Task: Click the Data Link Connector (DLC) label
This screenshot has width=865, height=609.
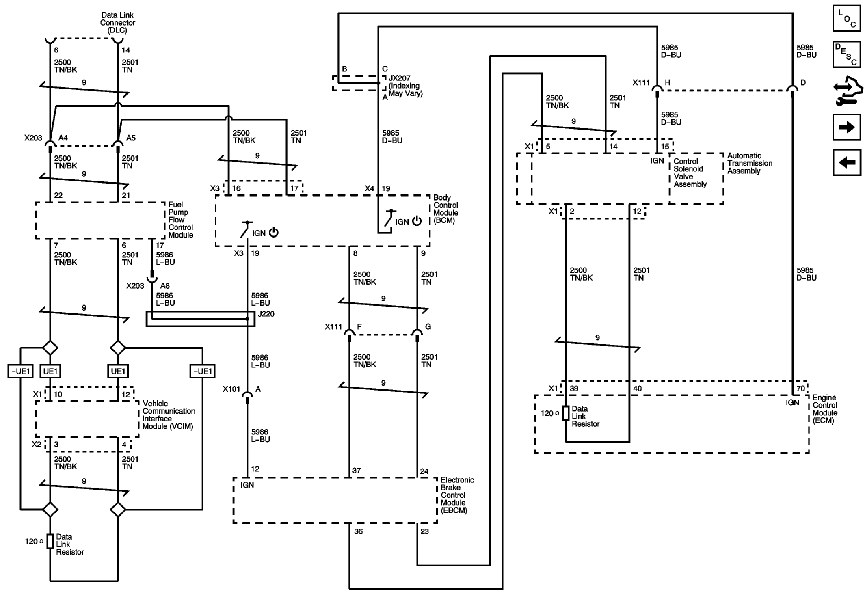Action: click(117, 23)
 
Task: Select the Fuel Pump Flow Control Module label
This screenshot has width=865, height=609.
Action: click(180, 220)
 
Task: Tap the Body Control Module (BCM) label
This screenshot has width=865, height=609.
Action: click(445, 209)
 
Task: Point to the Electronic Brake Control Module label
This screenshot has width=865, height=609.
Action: click(457, 495)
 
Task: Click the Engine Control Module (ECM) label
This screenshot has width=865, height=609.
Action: click(824, 409)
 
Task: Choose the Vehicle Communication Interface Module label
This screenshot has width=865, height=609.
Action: click(168, 415)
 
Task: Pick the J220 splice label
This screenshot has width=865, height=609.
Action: click(266, 314)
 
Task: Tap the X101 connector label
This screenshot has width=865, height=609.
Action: click(231, 389)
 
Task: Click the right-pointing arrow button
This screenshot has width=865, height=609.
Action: click(846, 127)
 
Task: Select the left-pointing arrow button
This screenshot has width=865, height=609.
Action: click(846, 163)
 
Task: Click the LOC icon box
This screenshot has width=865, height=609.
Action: click(846, 19)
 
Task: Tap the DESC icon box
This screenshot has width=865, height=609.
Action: click(846, 54)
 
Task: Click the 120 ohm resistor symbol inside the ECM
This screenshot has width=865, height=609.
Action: click(565, 413)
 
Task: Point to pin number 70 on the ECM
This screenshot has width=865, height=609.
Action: click(800, 388)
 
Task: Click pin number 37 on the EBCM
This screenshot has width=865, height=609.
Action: click(357, 471)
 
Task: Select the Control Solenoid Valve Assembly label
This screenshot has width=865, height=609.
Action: click(690, 173)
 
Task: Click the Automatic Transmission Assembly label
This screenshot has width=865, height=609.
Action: click(749, 163)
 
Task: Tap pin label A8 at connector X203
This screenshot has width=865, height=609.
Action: click(164, 286)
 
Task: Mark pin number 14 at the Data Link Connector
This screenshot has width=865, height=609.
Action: click(126, 50)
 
